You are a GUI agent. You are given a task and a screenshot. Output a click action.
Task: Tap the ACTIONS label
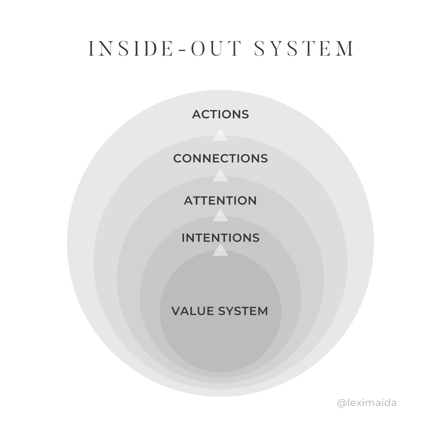(220, 115)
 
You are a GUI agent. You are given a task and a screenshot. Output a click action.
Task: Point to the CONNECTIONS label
(220, 159)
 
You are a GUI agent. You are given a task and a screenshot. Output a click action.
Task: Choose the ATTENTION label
(220, 201)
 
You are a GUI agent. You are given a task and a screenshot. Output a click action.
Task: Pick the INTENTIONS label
(220, 238)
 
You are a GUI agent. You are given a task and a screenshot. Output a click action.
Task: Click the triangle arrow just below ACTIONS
(220, 135)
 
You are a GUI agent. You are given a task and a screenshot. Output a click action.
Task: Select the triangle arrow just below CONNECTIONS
(220, 176)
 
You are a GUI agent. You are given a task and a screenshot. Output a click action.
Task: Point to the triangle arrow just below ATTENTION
(220, 216)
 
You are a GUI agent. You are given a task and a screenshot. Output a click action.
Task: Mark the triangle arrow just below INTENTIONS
(220, 250)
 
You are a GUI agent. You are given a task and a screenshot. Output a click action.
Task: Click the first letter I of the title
(91, 49)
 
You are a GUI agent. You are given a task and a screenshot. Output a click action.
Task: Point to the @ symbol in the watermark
(341, 403)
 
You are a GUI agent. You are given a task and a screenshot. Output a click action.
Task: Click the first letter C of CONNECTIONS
(178, 159)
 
